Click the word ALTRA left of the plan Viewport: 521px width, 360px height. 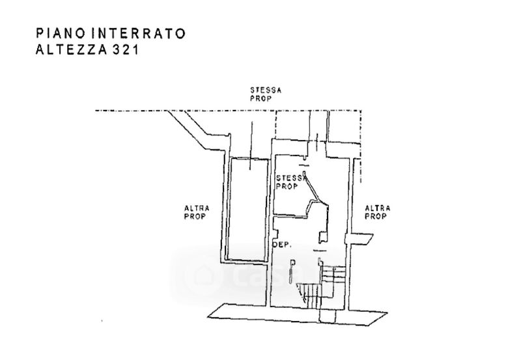[195, 208]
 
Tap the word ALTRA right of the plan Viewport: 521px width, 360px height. [378, 208]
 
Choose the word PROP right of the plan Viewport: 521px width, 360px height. [376, 216]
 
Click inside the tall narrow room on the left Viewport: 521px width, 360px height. [246, 208]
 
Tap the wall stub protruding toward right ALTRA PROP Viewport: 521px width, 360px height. [363, 240]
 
